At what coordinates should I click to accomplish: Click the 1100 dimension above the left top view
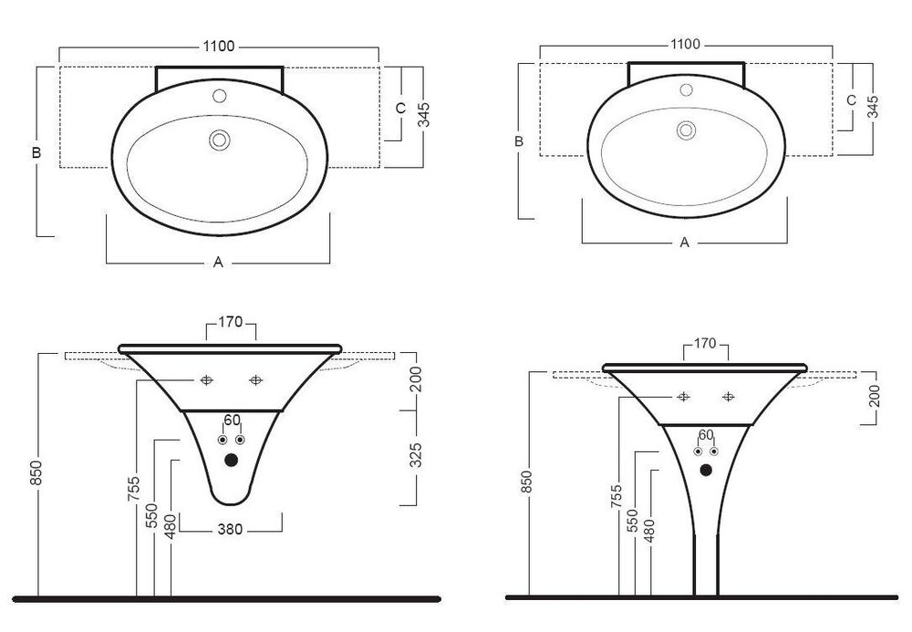click(x=219, y=47)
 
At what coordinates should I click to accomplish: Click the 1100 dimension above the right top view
click(x=685, y=44)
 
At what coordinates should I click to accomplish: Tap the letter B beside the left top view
click(x=36, y=153)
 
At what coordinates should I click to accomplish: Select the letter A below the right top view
click(x=685, y=242)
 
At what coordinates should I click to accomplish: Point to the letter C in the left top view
click(x=400, y=109)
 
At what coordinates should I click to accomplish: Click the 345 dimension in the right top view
click(x=873, y=107)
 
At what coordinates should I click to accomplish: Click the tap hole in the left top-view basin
click(x=219, y=96)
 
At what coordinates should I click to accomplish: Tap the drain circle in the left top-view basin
click(x=220, y=140)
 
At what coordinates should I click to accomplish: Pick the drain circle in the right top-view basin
click(x=687, y=130)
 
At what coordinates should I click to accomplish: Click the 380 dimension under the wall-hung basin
click(x=231, y=530)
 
